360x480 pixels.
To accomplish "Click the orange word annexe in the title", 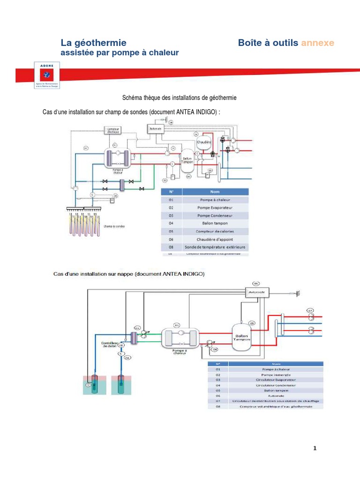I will tap(317, 43).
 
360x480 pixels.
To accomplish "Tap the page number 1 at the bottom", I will tap(315, 449).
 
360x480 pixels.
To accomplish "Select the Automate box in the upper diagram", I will tap(156, 128).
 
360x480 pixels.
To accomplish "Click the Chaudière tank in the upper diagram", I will tap(204, 141).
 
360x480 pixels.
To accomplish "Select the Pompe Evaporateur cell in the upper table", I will tap(215, 207).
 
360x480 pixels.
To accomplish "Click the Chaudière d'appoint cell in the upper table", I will tap(215, 239).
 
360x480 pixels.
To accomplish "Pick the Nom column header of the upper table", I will tap(215, 192).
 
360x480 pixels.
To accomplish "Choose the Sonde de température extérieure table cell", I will tap(215, 247).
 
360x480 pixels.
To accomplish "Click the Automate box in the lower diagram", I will tap(256, 292).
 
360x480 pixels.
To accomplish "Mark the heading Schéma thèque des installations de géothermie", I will tap(180, 98).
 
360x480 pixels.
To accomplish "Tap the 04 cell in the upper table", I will tap(171, 223).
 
